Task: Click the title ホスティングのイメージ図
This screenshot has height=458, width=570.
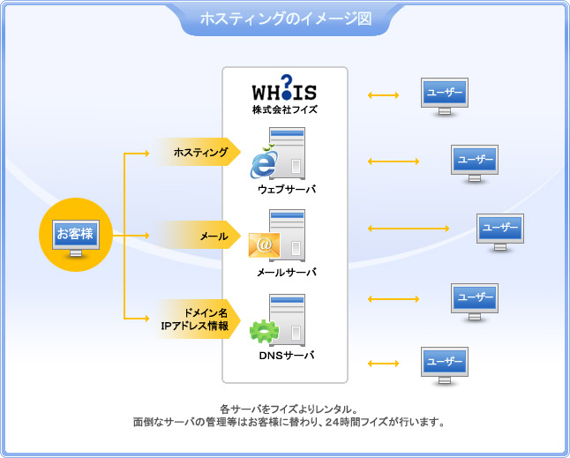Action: tap(285, 18)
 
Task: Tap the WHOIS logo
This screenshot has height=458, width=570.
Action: tap(284, 90)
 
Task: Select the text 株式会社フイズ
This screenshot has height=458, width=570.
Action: tap(284, 110)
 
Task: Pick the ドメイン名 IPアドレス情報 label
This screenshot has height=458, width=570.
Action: tap(196, 319)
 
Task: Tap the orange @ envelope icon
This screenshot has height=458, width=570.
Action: tap(264, 243)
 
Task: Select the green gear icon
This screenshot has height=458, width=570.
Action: tap(264, 331)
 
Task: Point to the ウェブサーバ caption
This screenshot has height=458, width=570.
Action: tap(287, 190)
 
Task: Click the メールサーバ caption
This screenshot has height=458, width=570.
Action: tap(287, 273)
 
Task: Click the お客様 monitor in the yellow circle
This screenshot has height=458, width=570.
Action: tap(75, 236)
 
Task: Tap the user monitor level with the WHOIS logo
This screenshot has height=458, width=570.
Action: tap(444, 94)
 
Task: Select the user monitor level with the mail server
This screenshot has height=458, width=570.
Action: tap(500, 229)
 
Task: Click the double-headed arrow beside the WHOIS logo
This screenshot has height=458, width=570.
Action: tap(384, 94)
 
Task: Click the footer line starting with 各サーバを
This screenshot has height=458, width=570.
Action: tap(288, 409)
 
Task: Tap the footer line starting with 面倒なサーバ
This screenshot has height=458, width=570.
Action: tap(288, 422)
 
